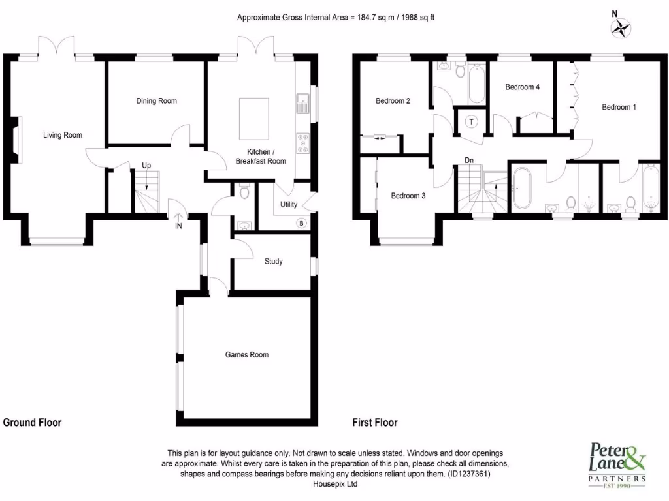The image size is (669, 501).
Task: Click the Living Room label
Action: tap(63, 135)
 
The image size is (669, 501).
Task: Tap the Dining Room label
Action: tap(156, 101)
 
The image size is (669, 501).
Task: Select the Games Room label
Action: tap(247, 355)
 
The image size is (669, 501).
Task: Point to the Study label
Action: tap(273, 262)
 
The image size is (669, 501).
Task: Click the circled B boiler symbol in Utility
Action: tap(301, 222)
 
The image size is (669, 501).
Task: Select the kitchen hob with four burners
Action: tap(303, 144)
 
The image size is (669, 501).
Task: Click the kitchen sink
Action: tap(302, 103)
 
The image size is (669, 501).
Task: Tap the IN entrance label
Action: tap(178, 226)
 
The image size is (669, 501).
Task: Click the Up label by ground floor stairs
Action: tap(146, 166)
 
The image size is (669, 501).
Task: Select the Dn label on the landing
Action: tap(469, 160)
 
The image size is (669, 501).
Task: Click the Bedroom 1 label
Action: tap(618, 107)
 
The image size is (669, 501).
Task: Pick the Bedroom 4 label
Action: tap(522, 87)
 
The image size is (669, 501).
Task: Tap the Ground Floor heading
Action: tap(33, 423)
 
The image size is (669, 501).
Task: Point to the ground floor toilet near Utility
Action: tap(244, 192)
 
